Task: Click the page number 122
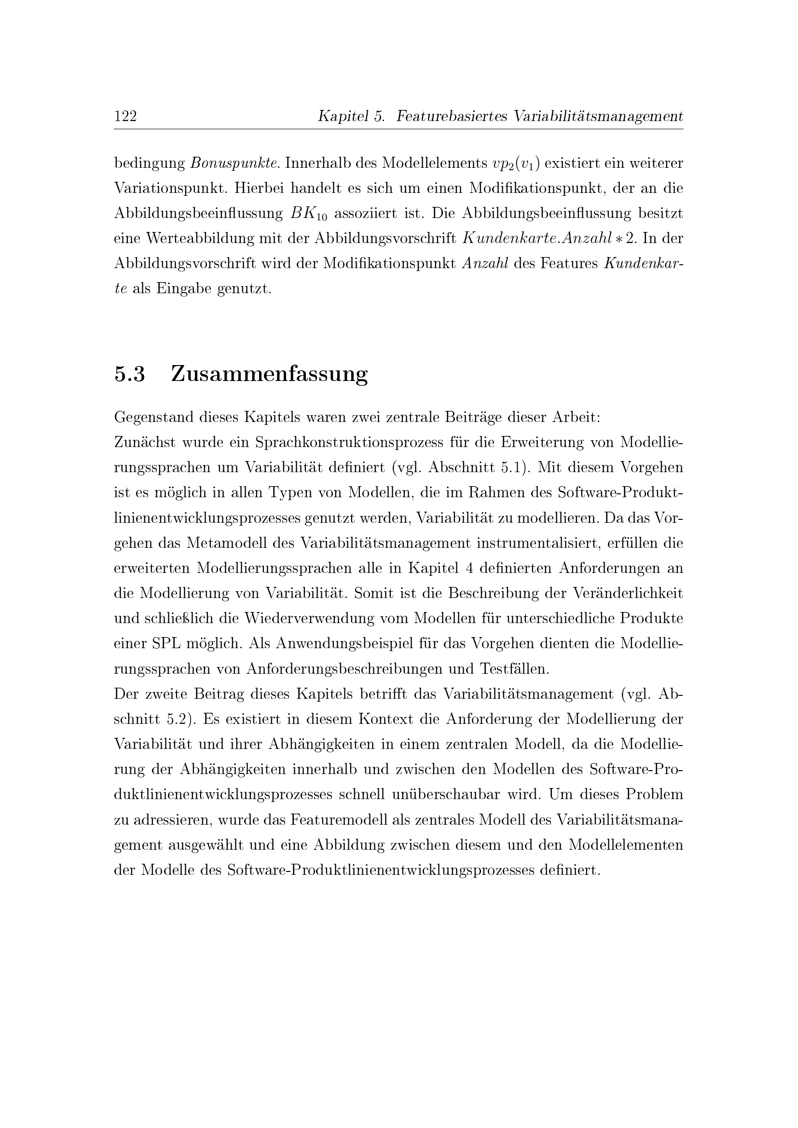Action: pyautogui.click(x=125, y=116)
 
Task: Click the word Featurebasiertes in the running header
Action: pyautogui.click(x=452, y=116)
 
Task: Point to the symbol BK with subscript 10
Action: pyautogui.click(x=309, y=214)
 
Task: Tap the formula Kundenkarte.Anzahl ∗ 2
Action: pyautogui.click(x=550, y=238)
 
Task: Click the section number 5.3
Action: pyautogui.click(x=130, y=374)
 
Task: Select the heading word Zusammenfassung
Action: pyautogui.click(x=269, y=374)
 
